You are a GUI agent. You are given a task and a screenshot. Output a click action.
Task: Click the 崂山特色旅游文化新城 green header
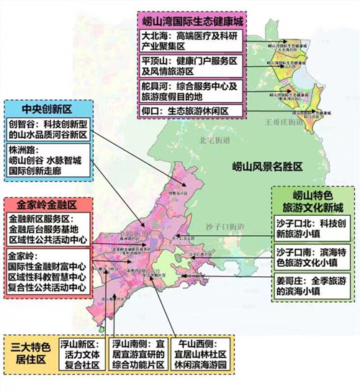coord(315,202)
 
